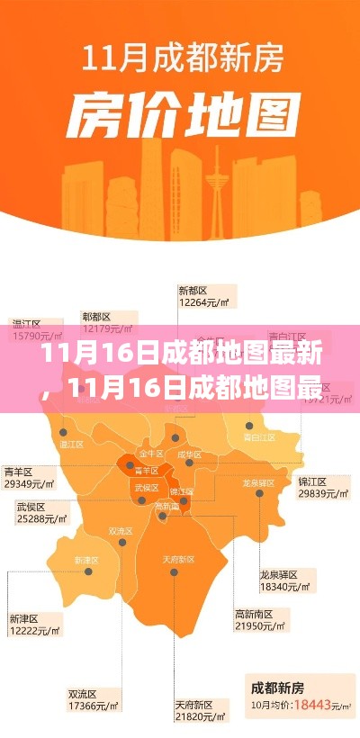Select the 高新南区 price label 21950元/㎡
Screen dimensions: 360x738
pos(259,625)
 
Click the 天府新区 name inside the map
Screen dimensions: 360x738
pos(179,559)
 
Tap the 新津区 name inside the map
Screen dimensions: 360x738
pos(85,559)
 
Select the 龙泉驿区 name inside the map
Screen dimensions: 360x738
pos(257,483)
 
